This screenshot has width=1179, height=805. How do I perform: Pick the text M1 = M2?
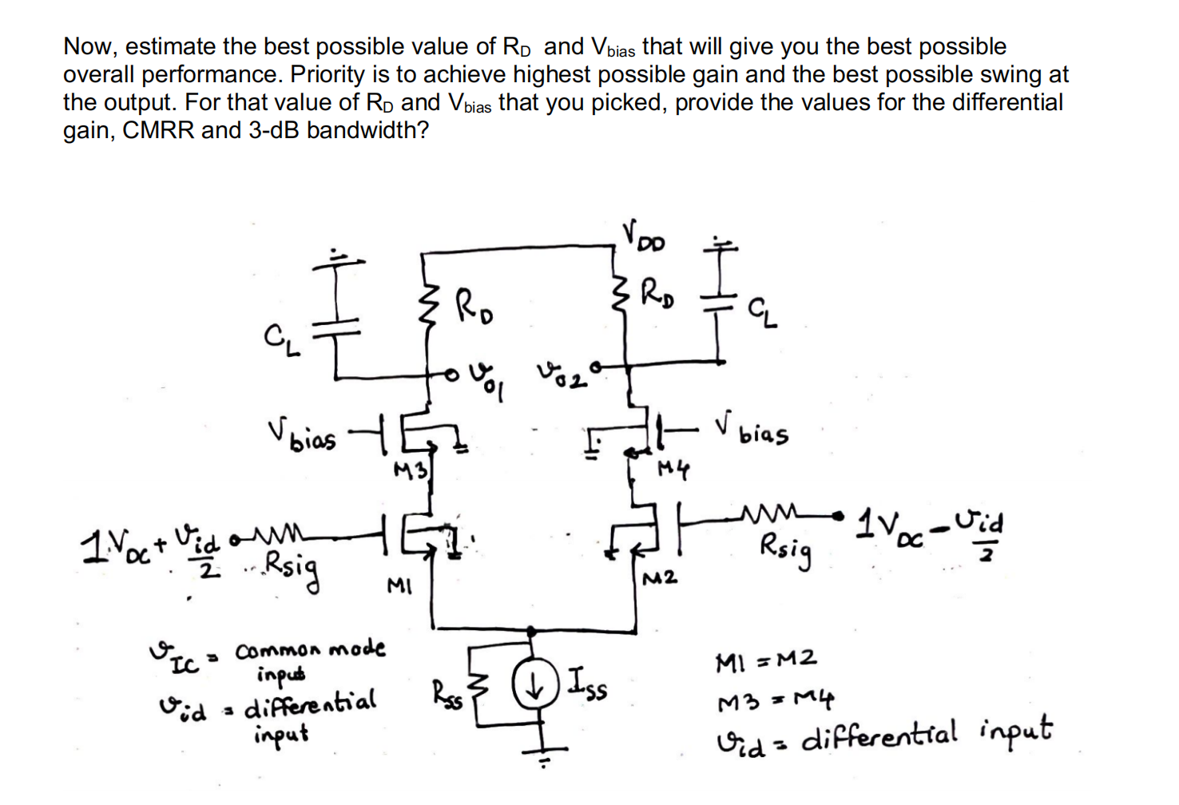coord(766,660)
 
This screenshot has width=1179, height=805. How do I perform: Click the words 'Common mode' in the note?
coord(310,649)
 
